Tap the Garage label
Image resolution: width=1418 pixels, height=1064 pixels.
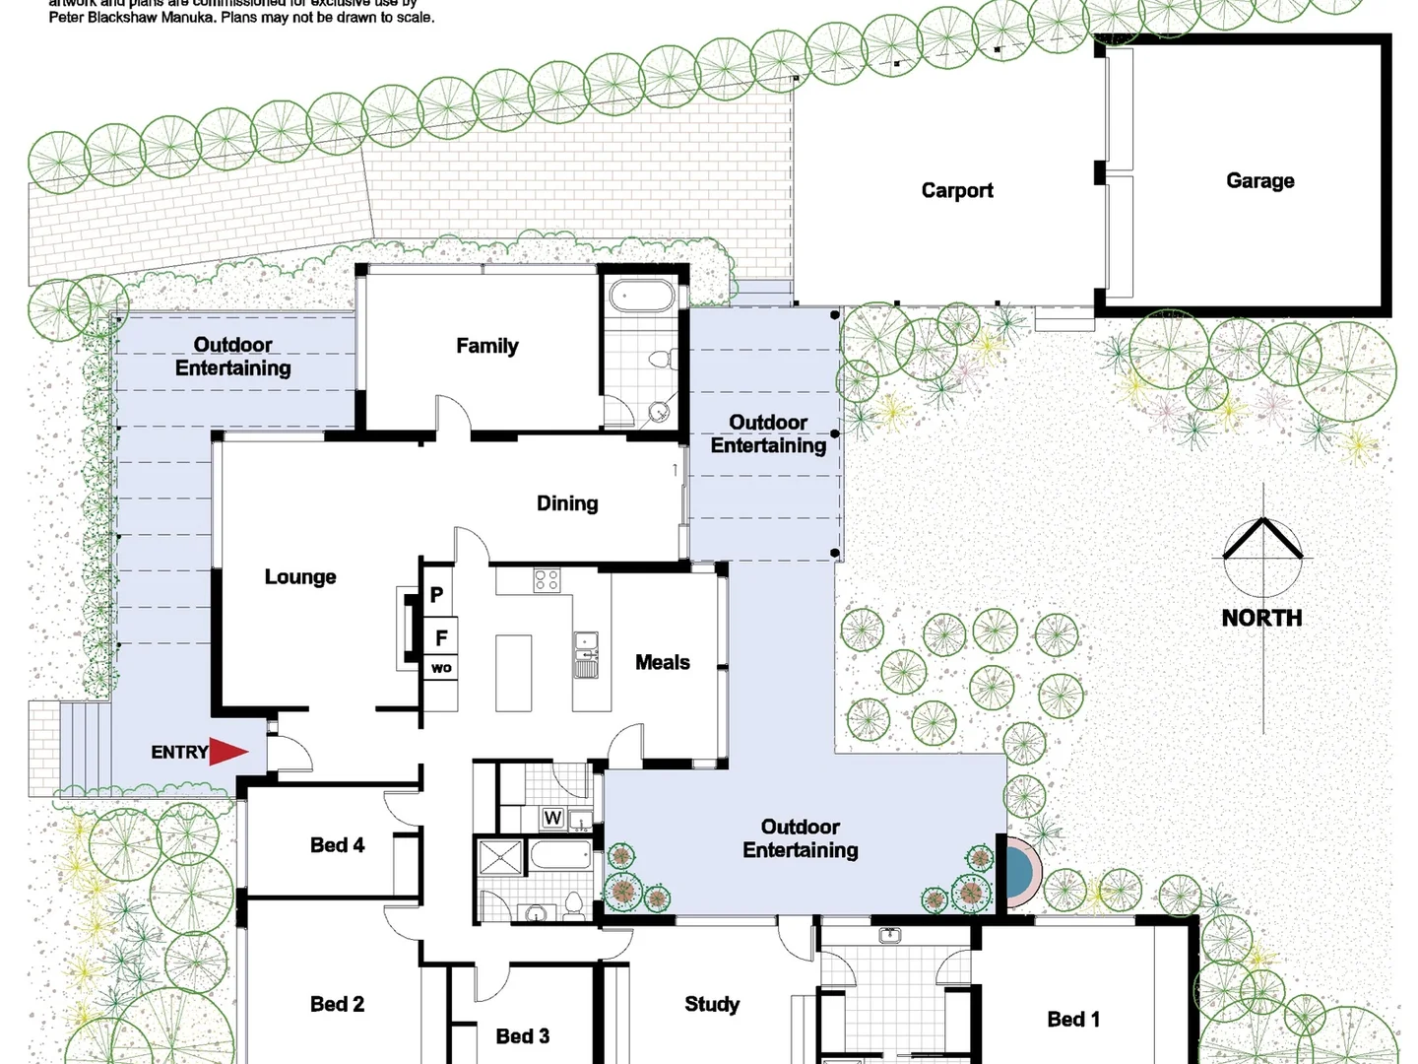pyautogui.click(x=1259, y=180)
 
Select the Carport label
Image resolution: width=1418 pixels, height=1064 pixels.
pyautogui.click(x=956, y=190)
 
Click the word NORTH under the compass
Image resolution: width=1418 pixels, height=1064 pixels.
pyautogui.click(x=1261, y=618)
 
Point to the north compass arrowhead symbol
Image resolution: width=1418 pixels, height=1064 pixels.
pyautogui.click(x=1262, y=540)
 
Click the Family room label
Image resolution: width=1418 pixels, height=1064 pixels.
pyautogui.click(x=486, y=346)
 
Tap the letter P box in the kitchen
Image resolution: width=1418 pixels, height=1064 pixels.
pyautogui.click(x=437, y=595)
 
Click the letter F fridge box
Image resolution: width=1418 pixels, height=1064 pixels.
pyautogui.click(x=441, y=637)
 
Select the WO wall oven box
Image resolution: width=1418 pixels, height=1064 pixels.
pyautogui.click(x=441, y=668)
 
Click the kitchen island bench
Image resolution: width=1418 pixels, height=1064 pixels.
pyautogui.click(x=513, y=673)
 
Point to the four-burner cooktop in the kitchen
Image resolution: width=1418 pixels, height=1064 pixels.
pyautogui.click(x=547, y=580)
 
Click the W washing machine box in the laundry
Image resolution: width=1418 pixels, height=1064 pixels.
pyautogui.click(x=552, y=818)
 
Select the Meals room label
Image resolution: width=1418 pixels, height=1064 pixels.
pyautogui.click(x=662, y=662)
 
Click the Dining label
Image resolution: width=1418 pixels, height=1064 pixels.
pyautogui.click(x=567, y=503)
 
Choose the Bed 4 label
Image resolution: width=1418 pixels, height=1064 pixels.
pyautogui.click(x=337, y=845)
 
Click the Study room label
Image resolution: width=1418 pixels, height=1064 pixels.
pyautogui.click(x=711, y=1004)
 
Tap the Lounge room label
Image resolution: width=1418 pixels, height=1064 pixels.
pyautogui.click(x=300, y=576)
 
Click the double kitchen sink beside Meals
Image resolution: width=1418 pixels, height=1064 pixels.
pyautogui.click(x=586, y=655)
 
